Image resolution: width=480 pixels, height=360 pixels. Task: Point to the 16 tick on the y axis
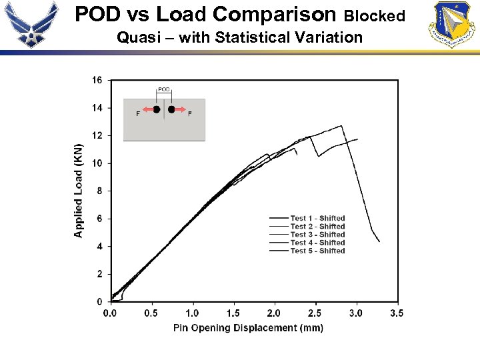(97, 80)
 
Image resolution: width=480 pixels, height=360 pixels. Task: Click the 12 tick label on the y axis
(97, 135)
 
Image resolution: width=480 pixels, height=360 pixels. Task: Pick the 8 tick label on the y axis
(99, 191)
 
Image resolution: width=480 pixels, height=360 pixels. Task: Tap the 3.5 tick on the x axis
(396, 313)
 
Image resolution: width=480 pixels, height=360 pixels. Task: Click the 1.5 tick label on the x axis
(233, 313)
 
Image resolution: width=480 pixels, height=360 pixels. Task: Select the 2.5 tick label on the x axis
(315, 313)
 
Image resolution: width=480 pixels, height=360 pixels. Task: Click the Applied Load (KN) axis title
(79, 191)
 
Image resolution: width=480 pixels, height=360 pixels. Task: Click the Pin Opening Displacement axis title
(248, 327)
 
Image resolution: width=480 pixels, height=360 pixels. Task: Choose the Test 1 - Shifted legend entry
(317, 218)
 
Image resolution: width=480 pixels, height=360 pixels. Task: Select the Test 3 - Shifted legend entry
(317, 235)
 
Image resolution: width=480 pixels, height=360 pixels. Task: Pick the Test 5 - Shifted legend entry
(317, 251)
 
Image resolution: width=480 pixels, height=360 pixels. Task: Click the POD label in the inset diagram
(164, 89)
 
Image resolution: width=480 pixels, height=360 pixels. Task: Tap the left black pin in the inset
(156, 109)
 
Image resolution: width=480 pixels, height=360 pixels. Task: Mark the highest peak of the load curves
(342, 125)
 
